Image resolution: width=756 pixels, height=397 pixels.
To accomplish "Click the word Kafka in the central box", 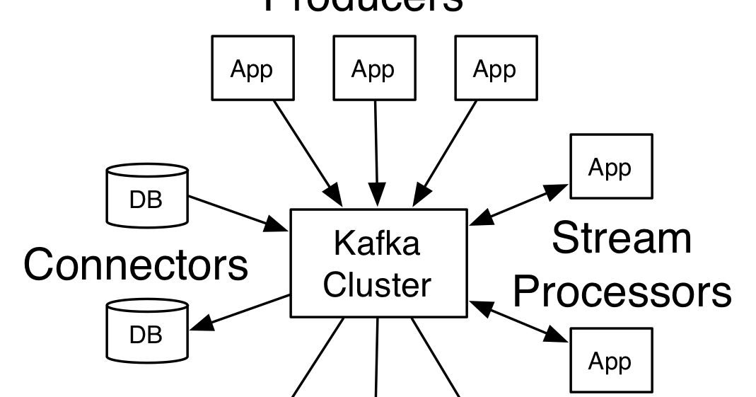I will coord(376,243).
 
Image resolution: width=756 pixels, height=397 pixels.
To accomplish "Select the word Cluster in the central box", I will coord(376,284).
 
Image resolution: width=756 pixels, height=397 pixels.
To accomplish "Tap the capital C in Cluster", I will coord(335,284).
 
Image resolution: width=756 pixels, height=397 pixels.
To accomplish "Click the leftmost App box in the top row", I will coord(252,68).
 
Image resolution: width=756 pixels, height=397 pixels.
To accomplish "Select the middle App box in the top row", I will coord(374,68).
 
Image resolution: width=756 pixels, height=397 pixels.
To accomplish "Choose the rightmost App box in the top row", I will coord(496,68).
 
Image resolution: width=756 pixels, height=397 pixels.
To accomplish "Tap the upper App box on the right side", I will coord(611,166).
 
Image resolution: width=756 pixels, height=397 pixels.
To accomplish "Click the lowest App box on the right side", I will coord(611,360).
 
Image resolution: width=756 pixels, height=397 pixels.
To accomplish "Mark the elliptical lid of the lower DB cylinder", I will coord(147,306).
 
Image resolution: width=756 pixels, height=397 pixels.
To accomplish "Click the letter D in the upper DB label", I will coord(138,200).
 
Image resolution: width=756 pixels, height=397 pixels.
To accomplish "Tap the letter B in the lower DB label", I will coord(155,335).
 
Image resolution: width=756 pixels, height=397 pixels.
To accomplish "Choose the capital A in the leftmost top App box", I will coord(238,69).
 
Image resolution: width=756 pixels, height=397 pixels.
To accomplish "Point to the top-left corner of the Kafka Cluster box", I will coord(293,212).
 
